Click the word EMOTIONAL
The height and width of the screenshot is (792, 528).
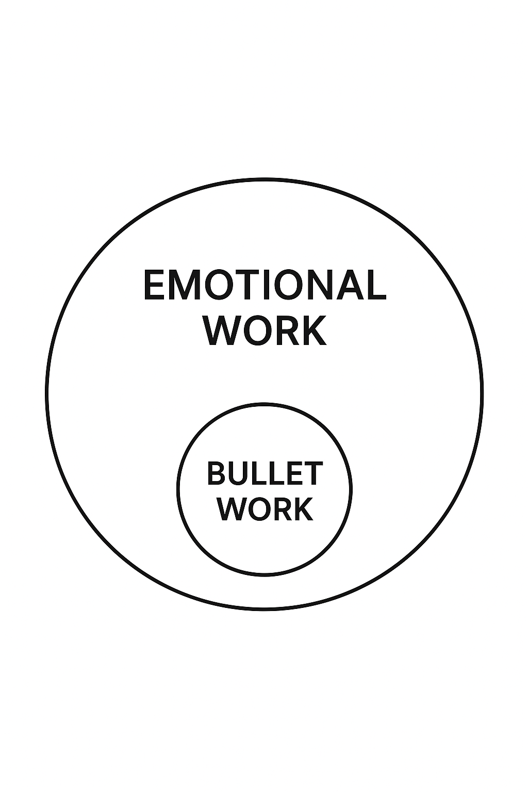point(264,285)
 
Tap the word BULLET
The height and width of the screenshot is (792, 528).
point(265,473)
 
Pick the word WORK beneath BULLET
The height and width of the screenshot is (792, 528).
point(265,509)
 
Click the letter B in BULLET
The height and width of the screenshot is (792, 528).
point(216,473)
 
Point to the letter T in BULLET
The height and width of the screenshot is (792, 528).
point(313,473)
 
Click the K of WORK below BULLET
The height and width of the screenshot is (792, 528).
point(303,509)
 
